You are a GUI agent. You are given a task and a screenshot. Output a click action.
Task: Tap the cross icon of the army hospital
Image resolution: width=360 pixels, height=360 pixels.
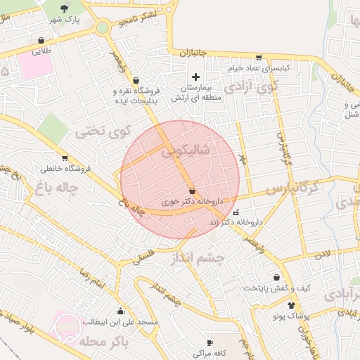[x=195, y=76]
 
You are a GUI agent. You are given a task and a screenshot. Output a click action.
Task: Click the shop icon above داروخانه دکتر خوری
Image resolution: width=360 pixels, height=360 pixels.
[x=193, y=191]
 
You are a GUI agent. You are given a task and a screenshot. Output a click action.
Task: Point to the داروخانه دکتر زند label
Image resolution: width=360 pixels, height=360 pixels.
[x=236, y=222]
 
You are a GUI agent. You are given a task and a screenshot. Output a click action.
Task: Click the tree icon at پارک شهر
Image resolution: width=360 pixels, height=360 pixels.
[x=65, y=8]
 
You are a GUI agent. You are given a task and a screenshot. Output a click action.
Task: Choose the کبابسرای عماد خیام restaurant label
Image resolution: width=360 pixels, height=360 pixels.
[x=258, y=68]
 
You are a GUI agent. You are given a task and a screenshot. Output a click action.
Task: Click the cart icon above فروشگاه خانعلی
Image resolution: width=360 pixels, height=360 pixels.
[x=65, y=157]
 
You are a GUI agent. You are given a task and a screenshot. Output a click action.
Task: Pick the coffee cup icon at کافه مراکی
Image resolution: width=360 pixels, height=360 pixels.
[x=209, y=342]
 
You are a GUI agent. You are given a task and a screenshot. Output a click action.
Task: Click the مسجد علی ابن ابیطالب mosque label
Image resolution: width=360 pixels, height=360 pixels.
[x=120, y=322]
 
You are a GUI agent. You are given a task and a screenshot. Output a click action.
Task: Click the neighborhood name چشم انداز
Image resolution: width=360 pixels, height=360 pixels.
[x=198, y=258]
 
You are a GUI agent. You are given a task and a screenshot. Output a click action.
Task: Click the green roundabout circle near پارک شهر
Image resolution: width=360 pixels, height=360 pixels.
[x=103, y=28]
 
